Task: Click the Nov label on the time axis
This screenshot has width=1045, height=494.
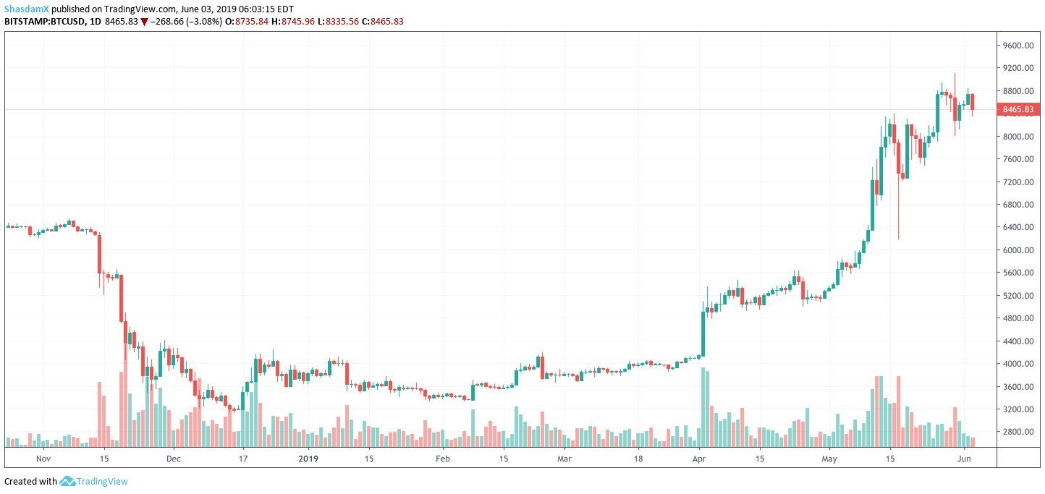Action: point(43,458)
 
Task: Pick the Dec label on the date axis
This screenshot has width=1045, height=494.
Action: point(174,458)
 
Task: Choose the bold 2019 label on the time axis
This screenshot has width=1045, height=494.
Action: point(308,458)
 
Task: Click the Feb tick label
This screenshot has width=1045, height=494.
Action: point(442,458)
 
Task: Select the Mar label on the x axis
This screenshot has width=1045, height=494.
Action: point(565,458)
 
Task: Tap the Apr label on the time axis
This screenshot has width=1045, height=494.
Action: point(699,458)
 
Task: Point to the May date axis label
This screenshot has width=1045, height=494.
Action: point(829,458)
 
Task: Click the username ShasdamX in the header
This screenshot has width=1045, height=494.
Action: point(26,9)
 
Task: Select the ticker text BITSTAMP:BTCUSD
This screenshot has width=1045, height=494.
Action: point(44,22)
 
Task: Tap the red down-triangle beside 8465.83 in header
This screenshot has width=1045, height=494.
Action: point(144,22)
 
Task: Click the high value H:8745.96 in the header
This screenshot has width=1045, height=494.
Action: point(294,22)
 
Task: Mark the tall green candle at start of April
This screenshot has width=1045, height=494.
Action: point(702,333)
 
